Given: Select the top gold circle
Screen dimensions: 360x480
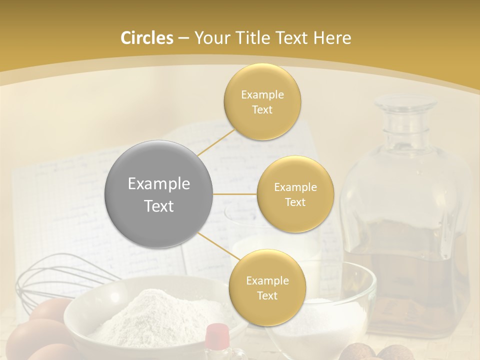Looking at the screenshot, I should click(262, 101).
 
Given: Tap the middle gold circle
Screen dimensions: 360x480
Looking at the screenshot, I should click(295, 194).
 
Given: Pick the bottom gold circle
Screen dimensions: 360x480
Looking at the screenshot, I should click(267, 287).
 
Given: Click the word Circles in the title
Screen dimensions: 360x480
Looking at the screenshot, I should click(147, 38).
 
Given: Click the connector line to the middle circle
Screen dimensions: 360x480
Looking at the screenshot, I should click(235, 194).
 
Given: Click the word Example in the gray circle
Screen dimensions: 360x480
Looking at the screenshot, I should click(159, 184).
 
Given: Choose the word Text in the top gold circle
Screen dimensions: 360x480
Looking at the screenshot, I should click(262, 109).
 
